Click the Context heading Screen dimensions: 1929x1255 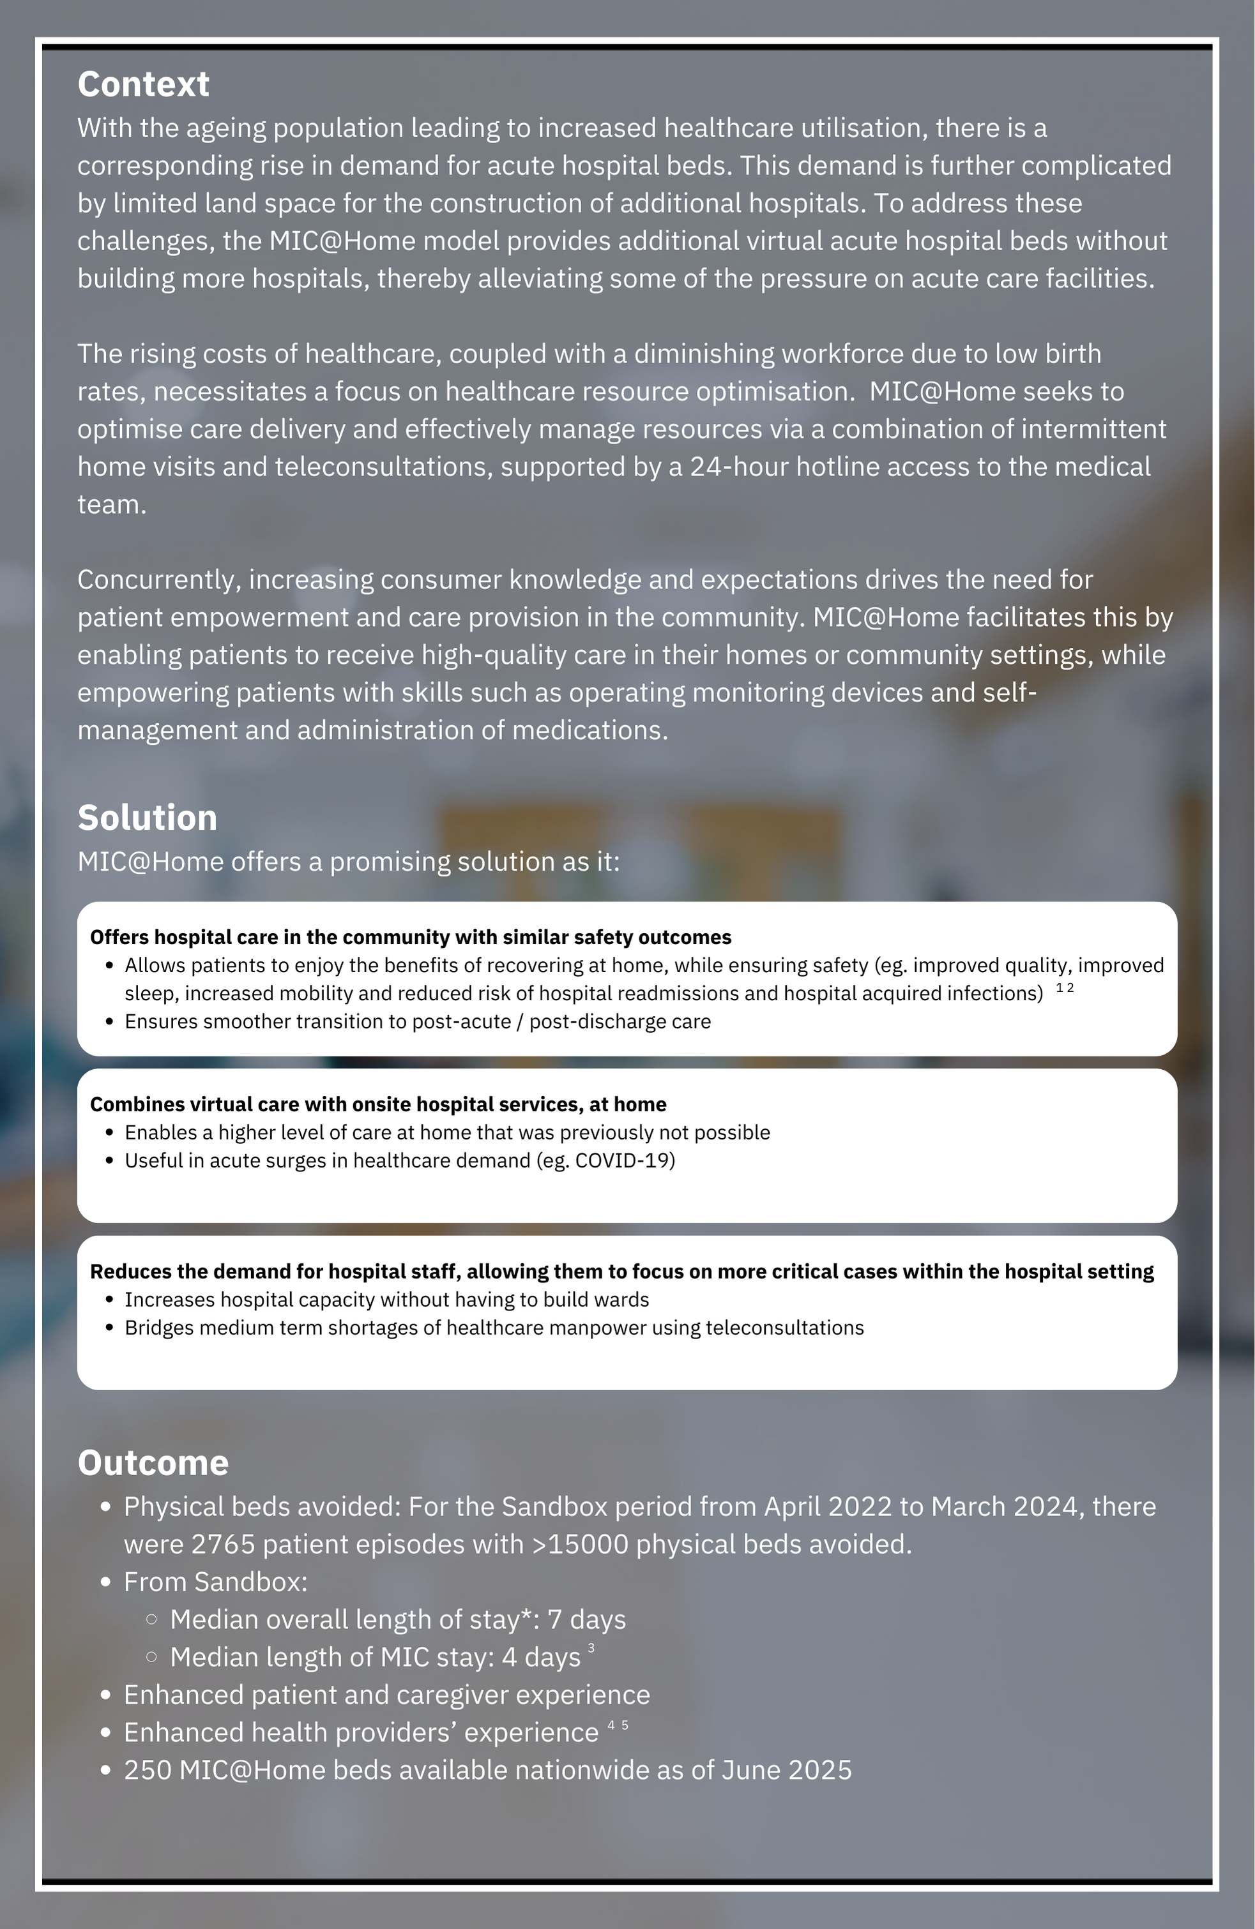pyautogui.click(x=144, y=84)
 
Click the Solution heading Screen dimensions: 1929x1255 pyautogui.click(x=147, y=818)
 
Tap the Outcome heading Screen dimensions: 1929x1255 pyautogui.click(x=153, y=1463)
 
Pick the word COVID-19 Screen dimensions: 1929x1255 pyautogui.click(x=624, y=1160)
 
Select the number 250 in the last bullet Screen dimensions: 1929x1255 pyautogui.click(x=147, y=1770)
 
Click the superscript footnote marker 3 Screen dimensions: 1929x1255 pyautogui.click(x=591, y=1648)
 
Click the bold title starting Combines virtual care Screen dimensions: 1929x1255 pyautogui.click(x=378, y=1105)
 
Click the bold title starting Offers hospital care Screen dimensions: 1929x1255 pyautogui.click(x=410, y=938)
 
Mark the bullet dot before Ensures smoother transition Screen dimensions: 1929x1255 pyautogui.click(x=109, y=1022)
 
